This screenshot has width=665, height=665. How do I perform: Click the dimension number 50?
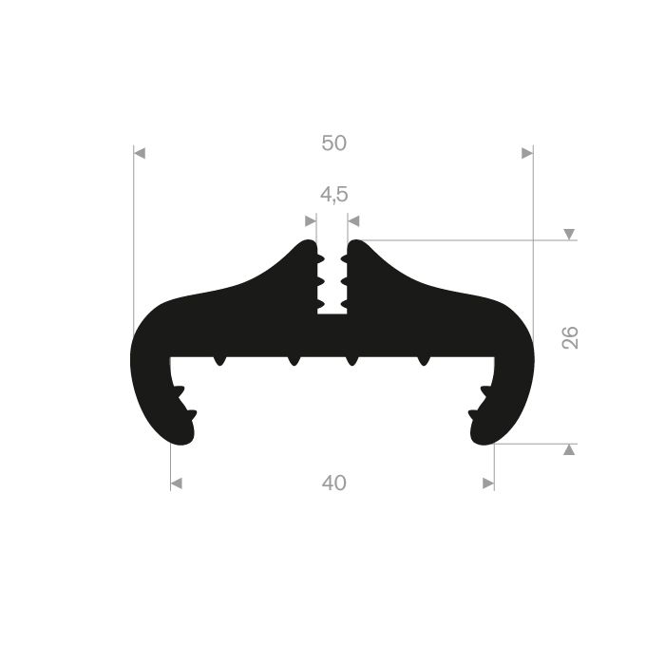tap(333, 142)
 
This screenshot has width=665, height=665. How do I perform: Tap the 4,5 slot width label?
tap(333, 195)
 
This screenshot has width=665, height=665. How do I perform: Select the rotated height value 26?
tap(570, 337)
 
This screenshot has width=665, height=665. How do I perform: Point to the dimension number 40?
tap(333, 483)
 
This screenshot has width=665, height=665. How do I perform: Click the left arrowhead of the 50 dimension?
tap(140, 153)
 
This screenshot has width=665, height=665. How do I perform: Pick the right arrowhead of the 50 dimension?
tap(527, 153)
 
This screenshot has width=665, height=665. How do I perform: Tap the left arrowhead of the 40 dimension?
tap(177, 484)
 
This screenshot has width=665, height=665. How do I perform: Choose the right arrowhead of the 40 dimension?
tap(488, 484)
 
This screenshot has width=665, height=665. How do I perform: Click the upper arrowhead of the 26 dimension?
tap(569, 234)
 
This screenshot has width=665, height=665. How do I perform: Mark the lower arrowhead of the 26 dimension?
tap(569, 449)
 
